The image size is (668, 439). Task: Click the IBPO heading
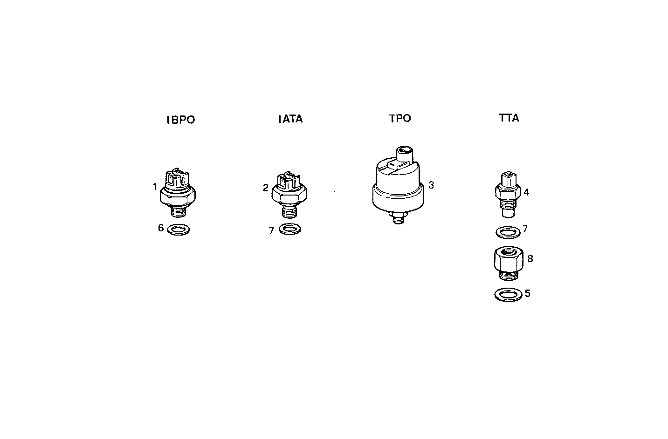[x=181, y=120]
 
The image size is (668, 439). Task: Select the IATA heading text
[x=290, y=119]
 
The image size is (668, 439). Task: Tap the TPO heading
[x=400, y=118]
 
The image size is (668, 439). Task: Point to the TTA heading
[x=509, y=118]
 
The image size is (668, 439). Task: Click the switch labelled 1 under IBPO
[x=178, y=192]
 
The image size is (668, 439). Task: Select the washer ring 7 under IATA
[x=289, y=229]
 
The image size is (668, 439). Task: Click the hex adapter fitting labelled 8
[x=507, y=263]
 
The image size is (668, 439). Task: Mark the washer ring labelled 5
[x=508, y=295]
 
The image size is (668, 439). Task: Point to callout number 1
[x=154, y=187]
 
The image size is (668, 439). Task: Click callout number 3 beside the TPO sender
[x=431, y=185]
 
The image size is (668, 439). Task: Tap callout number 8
[x=530, y=258]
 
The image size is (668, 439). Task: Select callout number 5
[x=528, y=294]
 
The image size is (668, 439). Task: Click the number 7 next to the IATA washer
[x=271, y=230]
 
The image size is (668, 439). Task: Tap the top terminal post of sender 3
[x=404, y=151]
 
